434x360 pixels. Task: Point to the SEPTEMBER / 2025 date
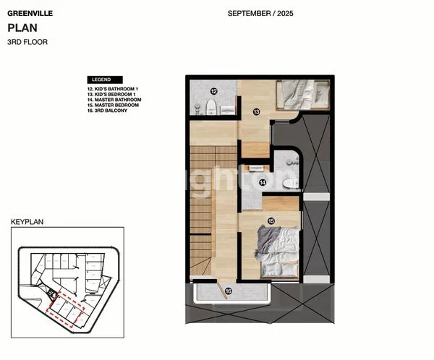tap(260, 13)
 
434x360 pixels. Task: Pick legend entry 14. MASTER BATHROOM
tap(114, 99)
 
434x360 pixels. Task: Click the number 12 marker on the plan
tap(214, 91)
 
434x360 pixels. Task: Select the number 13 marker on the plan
tap(256, 112)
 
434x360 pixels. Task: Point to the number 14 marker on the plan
tap(261, 183)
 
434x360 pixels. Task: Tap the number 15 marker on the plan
tap(271, 220)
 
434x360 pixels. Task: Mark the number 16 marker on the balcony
tap(229, 291)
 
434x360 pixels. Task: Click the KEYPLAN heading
tap(27, 223)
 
